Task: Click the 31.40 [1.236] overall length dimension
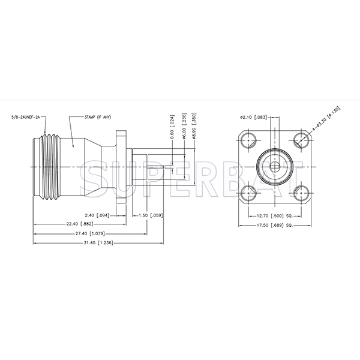[97, 242]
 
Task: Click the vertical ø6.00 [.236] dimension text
[183, 128]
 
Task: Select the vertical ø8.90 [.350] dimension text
[194, 128]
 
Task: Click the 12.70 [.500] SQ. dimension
[274, 215]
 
